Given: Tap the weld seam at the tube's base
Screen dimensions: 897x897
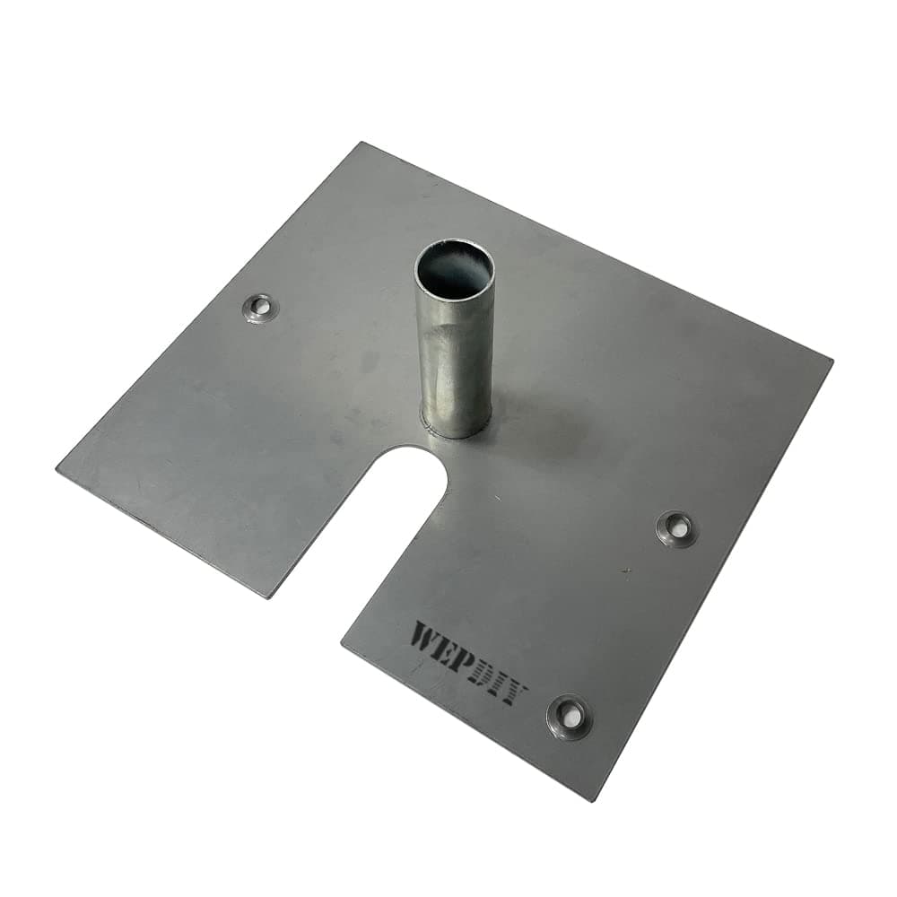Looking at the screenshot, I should pos(457,433).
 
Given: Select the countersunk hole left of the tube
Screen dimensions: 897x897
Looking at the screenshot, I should pos(261,309).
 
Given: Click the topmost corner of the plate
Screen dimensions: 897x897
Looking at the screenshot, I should pos(361,144).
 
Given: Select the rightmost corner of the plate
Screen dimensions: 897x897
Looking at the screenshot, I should pos(831,361).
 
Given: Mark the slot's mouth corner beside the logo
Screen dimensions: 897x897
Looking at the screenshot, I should pos(343,642).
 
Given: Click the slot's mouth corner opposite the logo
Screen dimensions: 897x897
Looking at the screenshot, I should pos(269,596).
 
